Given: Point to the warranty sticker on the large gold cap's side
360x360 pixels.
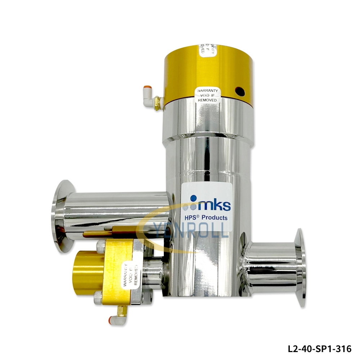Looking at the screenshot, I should click(207, 94).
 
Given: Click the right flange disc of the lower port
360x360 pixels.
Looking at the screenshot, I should click(300, 268).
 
